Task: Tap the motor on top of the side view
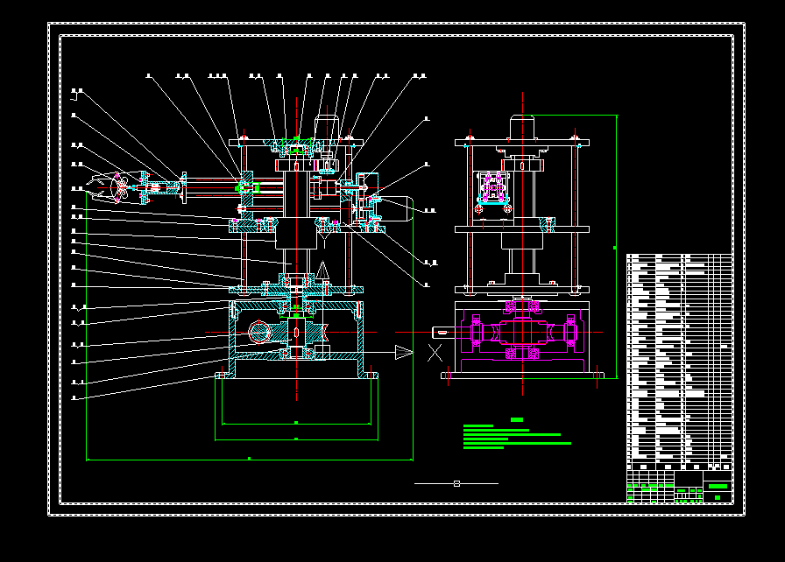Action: point(522,127)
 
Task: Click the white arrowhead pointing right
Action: point(403,352)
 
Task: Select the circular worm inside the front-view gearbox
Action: point(260,331)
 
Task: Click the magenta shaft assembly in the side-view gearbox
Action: point(522,334)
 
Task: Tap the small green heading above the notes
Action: point(517,419)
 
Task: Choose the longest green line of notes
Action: point(517,443)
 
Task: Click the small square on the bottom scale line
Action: point(456,483)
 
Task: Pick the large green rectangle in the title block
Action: point(718,486)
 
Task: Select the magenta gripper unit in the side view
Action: point(492,190)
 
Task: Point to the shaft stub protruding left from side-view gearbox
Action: point(443,332)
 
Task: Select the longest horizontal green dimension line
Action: point(250,458)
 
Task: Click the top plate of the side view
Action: point(522,141)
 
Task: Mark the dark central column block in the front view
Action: point(296,235)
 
